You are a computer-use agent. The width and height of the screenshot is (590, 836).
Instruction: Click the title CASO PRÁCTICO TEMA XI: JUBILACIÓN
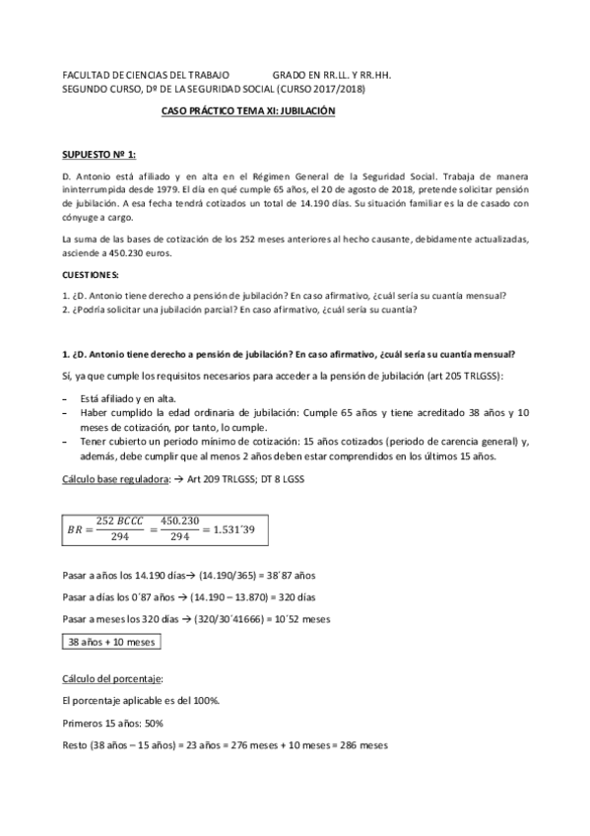pos(248,111)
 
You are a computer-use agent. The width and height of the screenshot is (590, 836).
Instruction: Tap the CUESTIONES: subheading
pos(91,273)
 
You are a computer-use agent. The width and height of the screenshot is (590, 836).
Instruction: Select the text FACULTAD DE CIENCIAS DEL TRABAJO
pos(146,74)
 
